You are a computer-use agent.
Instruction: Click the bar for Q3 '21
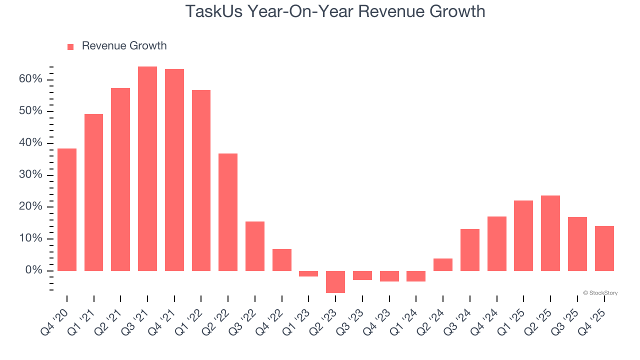(147, 168)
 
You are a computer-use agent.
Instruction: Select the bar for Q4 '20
(67, 209)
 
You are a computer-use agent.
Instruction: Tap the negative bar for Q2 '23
(335, 281)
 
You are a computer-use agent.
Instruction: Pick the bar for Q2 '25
(550, 233)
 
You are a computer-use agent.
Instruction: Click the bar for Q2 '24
(443, 264)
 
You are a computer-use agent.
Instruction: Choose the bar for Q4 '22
(282, 260)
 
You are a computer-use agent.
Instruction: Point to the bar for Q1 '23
(308, 273)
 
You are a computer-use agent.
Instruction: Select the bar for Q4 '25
(604, 248)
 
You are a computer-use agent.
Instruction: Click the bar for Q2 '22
(228, 212)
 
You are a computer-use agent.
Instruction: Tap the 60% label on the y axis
(31, 79)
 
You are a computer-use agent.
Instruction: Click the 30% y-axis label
(31, 175)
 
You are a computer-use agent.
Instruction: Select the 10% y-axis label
(31, 238)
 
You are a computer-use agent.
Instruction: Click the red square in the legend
(70, 46)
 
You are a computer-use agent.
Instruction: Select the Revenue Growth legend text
(124, 46)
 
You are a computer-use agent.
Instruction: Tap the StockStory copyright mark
(600, 293)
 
